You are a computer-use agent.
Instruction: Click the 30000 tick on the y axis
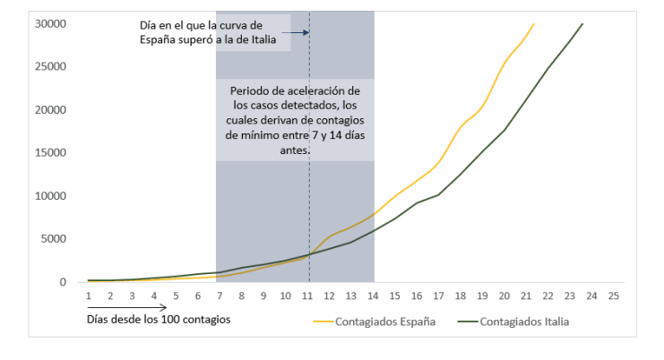(51, 23)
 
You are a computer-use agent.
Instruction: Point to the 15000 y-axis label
(51, 152)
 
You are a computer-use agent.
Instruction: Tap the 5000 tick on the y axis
(54, 239)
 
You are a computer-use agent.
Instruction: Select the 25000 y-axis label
(51, 66)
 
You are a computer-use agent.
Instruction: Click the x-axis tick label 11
(307, 296)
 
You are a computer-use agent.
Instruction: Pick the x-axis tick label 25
(613, 296)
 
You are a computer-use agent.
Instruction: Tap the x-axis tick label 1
(89, 296)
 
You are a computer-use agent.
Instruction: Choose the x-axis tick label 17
(439, 296)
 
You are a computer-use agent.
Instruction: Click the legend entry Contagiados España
(385, 321)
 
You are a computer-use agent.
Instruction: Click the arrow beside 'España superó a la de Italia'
(299, 32)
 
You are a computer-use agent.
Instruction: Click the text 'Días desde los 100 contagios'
(152, 319)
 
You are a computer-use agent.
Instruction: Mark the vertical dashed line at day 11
(309, 179)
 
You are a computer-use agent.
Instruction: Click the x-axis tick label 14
(374, 296)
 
